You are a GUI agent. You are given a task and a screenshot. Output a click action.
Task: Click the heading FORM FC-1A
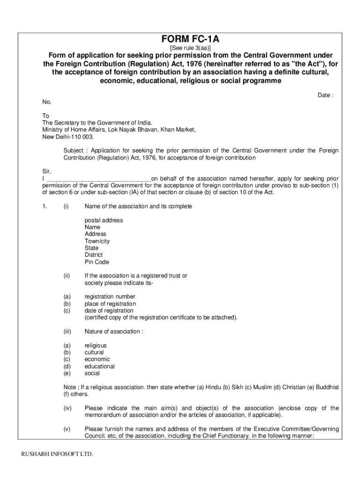click(190, 40)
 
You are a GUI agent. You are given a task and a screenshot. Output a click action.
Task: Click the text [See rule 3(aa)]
click(190, 48)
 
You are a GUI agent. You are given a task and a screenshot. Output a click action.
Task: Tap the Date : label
click(325, 95)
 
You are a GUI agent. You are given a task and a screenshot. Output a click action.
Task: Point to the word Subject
click(75, 151)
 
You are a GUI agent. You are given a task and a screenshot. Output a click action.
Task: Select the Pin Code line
click(97, 262)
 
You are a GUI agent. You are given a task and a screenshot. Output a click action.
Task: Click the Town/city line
click(97, 241)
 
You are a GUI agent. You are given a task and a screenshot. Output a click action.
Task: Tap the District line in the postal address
click(94, 255)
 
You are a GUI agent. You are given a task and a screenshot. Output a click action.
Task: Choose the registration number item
click(110, 297)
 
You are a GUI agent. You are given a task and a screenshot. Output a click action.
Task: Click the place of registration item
click(110, 304)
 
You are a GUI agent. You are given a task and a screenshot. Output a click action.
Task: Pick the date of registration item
click(109, 311)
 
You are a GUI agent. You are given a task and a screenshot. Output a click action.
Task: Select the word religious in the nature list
click(95, 346)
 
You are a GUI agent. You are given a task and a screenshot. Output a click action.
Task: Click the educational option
click(100, 367)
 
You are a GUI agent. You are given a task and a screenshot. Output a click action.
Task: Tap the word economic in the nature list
click(97, 360)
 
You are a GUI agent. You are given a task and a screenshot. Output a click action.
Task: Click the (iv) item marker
click(67, 408)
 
